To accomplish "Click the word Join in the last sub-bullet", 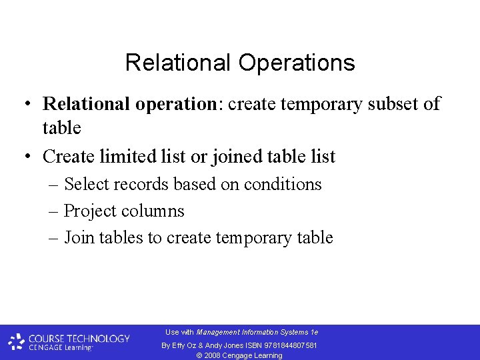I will pos(79,238).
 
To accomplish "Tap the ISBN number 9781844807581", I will pos(291,345).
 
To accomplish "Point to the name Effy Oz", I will pos(183,345).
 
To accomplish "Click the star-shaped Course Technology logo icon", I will pos(16,342).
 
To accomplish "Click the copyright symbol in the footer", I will pos(201,355).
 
